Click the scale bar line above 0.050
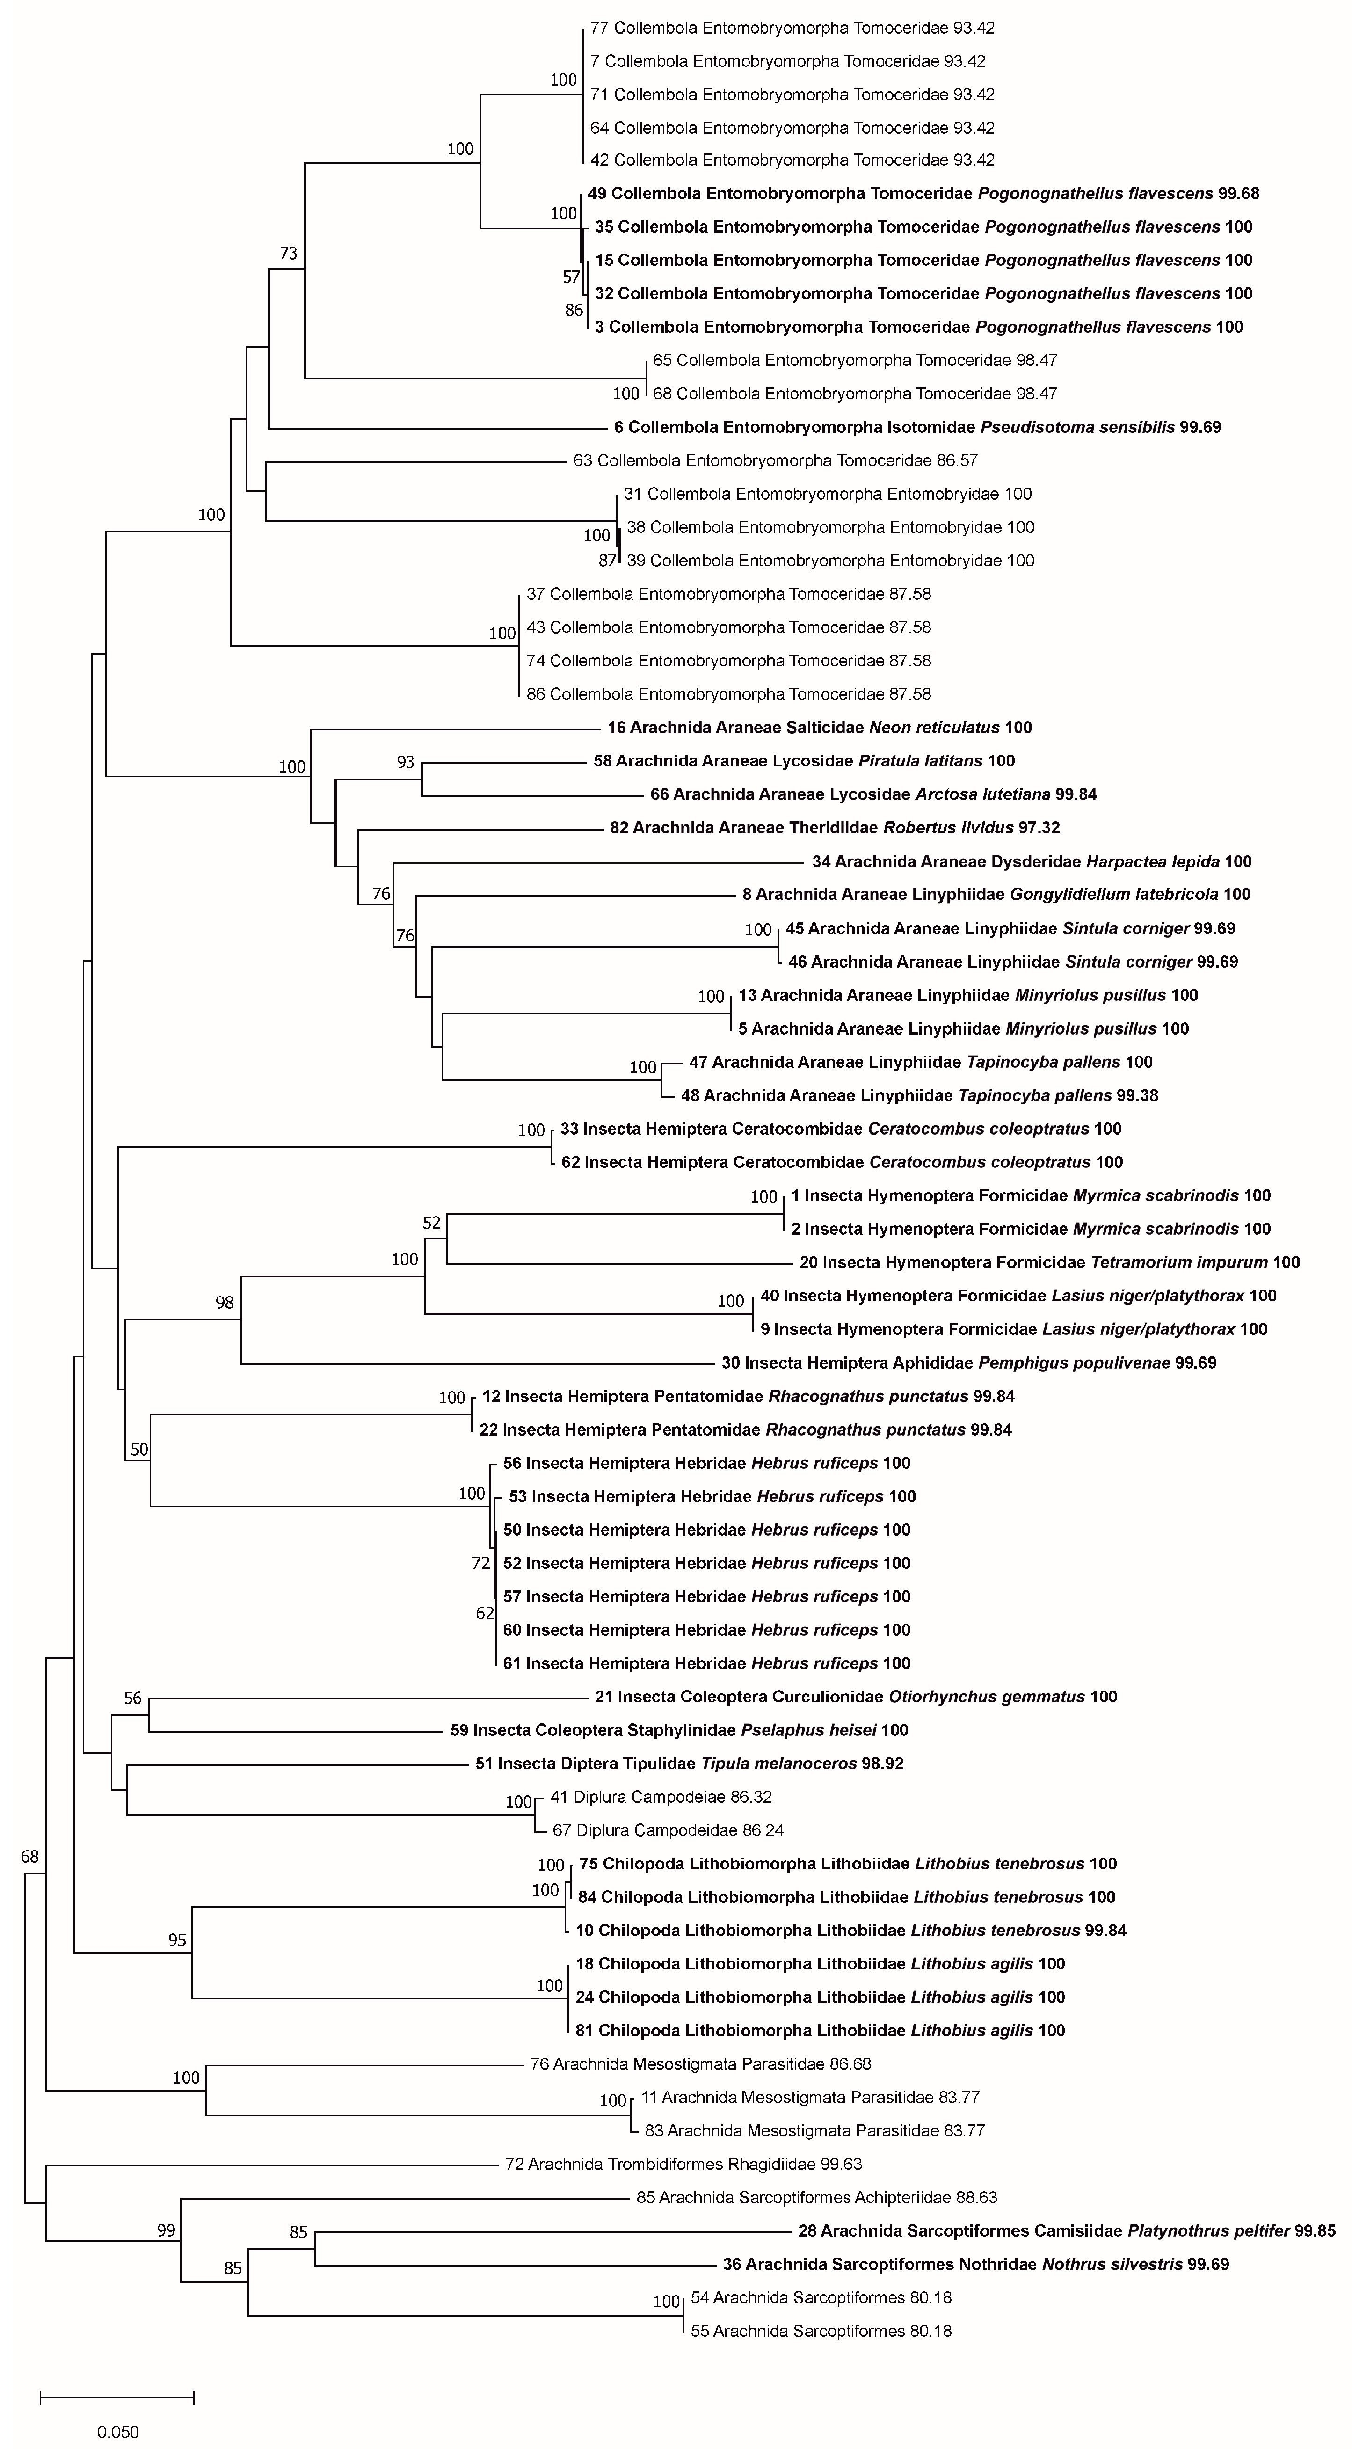[117, 2397]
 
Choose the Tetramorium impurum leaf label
[1049, 1262]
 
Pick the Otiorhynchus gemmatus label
[856, 1696]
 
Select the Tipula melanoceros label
[689, 1764]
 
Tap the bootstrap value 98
[225, 1303]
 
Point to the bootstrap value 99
[167, 2230]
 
